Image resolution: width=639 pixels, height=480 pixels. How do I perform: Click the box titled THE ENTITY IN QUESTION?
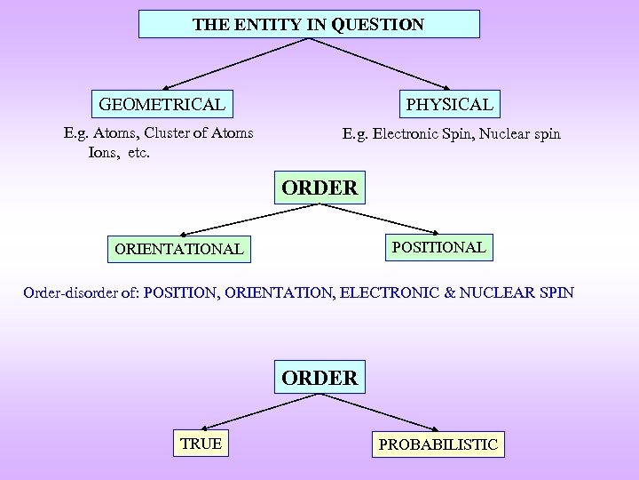coord(309,24)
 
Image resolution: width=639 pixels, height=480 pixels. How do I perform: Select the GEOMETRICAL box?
coord(162,105)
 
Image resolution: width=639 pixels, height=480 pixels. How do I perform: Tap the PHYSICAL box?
coord(449,104)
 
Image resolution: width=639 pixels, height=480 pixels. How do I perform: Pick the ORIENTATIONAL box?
coord(178,249)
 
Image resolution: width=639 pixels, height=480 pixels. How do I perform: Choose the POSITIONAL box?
coord(438,247)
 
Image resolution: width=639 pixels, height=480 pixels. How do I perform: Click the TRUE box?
coord(201,443)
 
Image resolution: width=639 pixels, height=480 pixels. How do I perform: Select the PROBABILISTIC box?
coord(438,444)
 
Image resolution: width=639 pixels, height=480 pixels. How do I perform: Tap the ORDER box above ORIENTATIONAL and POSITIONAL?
coord(319,188)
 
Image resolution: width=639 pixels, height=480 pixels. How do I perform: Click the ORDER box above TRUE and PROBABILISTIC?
coord(319,378)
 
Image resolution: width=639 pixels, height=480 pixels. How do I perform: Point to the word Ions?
coord(103,153)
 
